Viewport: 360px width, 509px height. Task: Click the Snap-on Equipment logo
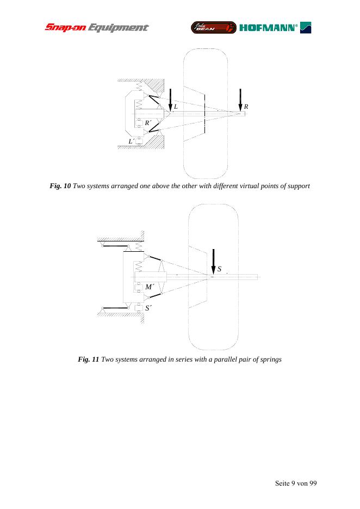pyautogui.click(x=96, y=27)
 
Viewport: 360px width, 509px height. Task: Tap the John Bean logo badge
pyautogui.click(x=213, y=27)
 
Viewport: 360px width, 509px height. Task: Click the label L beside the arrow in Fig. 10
pyautogui.click(x=176, y=107)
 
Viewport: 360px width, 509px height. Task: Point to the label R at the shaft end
pyautogui.click(x=246, y=107)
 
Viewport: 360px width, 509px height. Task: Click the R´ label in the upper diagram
pyautogui.click(x=147, y=123)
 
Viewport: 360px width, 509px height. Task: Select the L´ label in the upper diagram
pyautogui.click(x=131, y=141)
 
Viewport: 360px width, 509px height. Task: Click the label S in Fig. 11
pyautogui.click(x=219, y=269)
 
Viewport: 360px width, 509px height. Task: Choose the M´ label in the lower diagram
pyautogui.click(x=150, y=287)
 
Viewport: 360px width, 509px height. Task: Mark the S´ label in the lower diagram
pyautogui.click(x=148, y=308)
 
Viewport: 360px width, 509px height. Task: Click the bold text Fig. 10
pyautogui.click(x=60, y=187)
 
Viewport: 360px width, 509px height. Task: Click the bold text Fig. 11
pyautogui.click(x=89, y=359)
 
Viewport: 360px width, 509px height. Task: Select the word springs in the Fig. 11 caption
pyautogui.click(x=270, y=359)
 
